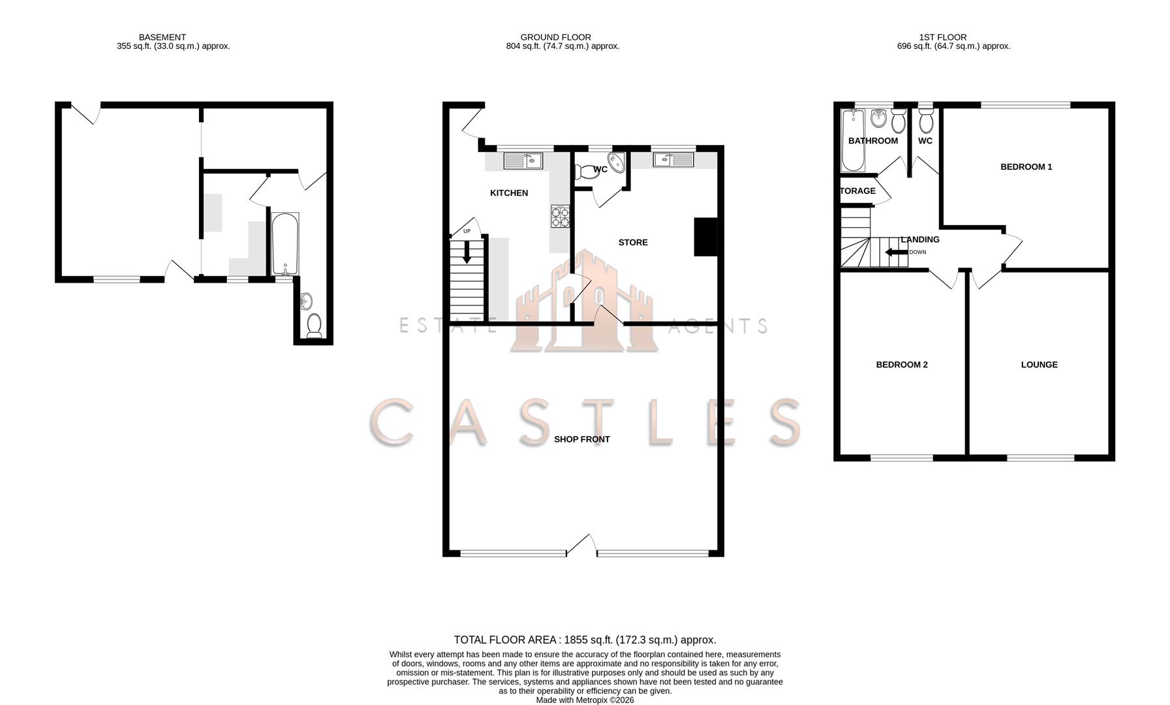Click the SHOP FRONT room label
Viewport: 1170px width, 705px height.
581,439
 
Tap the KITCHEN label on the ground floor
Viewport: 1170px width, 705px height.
509,193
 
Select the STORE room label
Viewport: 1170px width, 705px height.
633,243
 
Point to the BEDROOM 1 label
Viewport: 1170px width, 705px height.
1026,167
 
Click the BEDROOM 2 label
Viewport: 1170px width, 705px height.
901,365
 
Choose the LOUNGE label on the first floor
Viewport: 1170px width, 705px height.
1039,365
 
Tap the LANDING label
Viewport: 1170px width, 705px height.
920,240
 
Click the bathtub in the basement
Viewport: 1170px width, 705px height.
285,244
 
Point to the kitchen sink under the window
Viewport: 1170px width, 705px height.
523,160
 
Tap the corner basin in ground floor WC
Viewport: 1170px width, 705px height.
616,161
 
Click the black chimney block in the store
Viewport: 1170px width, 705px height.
705,236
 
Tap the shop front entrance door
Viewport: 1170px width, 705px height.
581,544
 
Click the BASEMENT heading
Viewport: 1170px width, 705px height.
162,37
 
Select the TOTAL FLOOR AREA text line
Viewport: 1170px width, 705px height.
585,640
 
